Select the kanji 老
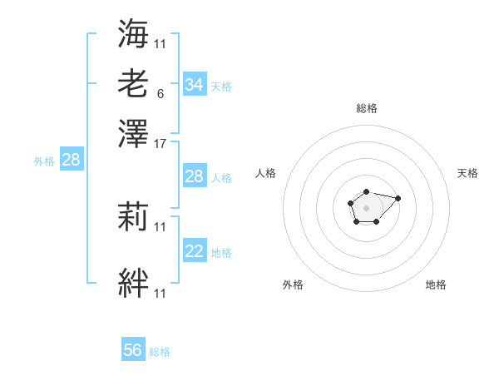click(x=133, y=84)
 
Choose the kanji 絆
click(x=133, y=283)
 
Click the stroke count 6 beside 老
click(x=160, y=93)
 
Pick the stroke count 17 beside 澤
click(x=161, y=143)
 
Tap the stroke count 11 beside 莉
click(x=161, y=226)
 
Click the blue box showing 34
click(x=194, y=84)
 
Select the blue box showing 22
click(x=194, y=251)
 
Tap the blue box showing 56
click(x=133, y=350)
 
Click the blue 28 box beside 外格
click(x=71, y=161)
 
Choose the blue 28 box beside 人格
click(x=194, y=176)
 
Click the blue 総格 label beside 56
click(x=160, y=352)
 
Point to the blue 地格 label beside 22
click(x=221, y=252)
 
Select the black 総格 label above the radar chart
click(x=366, y=108)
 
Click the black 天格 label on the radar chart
click(x=467, y=173)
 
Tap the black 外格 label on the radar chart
click(x=293, y=285)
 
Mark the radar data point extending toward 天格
click(x=398, y=198)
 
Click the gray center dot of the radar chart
click(x=366, y=206)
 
